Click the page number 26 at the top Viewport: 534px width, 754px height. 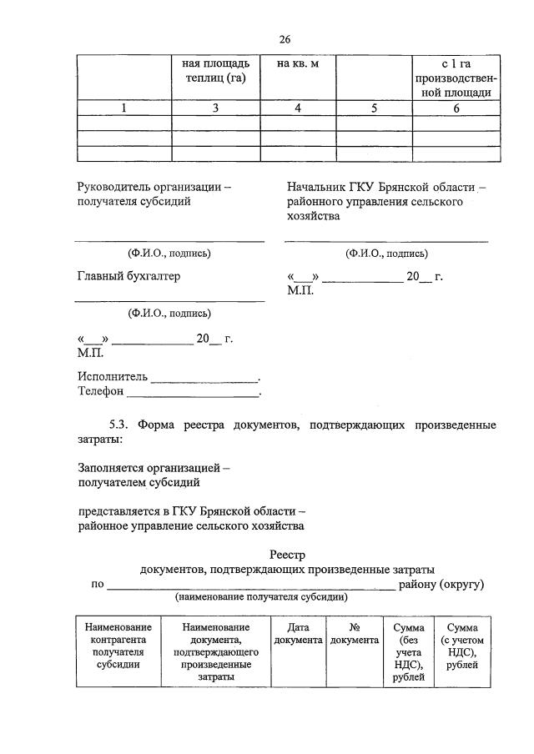285,40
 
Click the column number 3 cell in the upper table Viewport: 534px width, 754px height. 216,108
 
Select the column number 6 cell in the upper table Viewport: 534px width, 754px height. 456,108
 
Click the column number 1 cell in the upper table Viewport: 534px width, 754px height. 123,108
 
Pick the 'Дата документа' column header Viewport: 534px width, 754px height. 298,633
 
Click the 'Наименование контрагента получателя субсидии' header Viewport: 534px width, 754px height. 118,646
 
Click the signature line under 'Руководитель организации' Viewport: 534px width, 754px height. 169,240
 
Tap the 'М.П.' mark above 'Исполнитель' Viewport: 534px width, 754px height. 89,353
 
